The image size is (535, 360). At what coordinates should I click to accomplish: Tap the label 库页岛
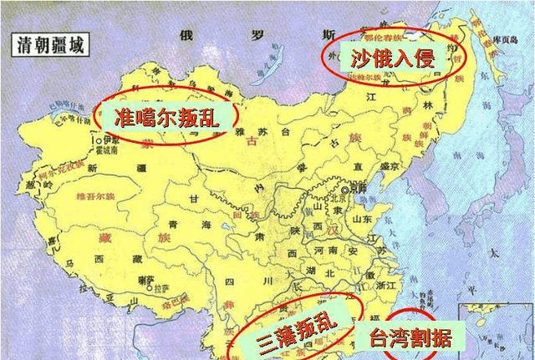pos(505,39)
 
